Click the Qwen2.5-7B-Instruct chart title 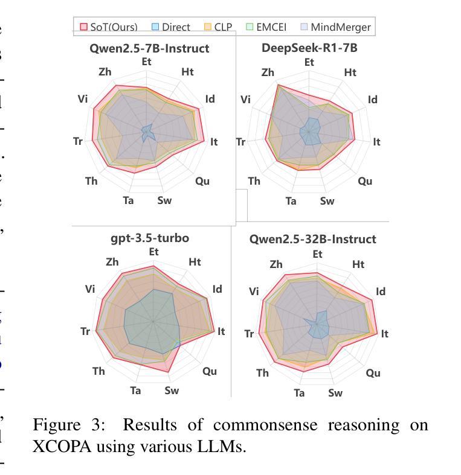pos(149,48)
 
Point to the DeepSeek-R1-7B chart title pos(309,48)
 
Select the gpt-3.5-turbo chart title pos(150,238)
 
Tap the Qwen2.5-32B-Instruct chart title pos(312,239)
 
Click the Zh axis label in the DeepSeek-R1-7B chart pos(268,72)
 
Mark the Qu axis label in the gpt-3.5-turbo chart pos(210,371)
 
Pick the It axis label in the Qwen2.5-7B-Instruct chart pos(214,142)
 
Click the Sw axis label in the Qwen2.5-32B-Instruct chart pos(335,393)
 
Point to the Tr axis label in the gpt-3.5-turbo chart pos(85,331)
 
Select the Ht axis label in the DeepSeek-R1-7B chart pos(350,72)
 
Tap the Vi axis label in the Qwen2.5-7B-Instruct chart pos(83,99)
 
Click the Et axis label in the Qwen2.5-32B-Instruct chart pos(318,254)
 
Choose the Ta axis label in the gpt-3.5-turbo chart pos(135,391)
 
